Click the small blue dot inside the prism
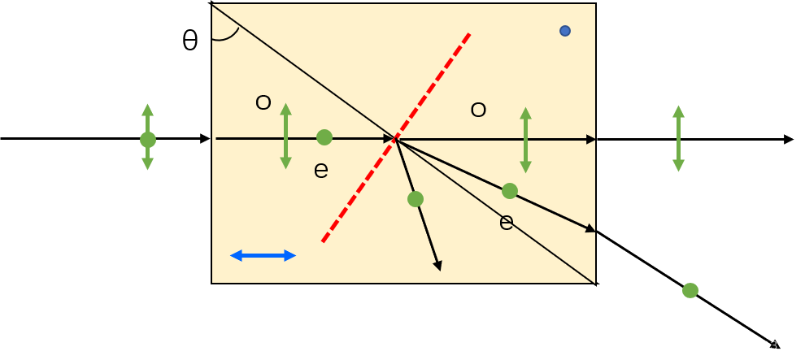pos(565,31)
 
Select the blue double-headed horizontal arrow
pos(263,255)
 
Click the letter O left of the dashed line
pos(263,103)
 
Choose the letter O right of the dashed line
pos(478,110)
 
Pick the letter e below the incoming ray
pos(321,170)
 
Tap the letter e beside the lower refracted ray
pos(507,222)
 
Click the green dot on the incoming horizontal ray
pos(324,137)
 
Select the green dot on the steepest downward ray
pos(416,199)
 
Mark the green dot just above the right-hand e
pos(510,191)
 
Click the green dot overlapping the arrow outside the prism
pos(148,140)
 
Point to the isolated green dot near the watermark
pos(690,290)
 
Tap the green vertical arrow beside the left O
pos(285,136)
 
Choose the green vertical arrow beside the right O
pos(525,140)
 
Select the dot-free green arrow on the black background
pos(678,138)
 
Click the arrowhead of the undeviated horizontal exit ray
pos(591,140)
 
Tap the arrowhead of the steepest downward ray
pos(437,265)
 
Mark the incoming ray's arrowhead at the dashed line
pos(389,139)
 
